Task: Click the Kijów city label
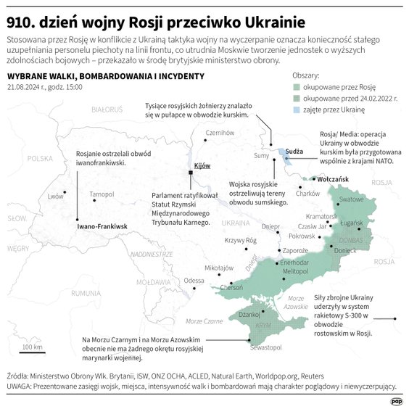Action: click(202, 166)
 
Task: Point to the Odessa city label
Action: click(194, 280)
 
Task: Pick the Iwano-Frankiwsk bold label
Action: click(102, 227)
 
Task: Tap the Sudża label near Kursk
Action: click(294, 152)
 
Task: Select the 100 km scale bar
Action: click(32, 352)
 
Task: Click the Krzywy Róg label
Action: click(241, 240)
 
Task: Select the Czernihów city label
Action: click(220, 133)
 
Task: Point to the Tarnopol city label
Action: click(102, 194)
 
